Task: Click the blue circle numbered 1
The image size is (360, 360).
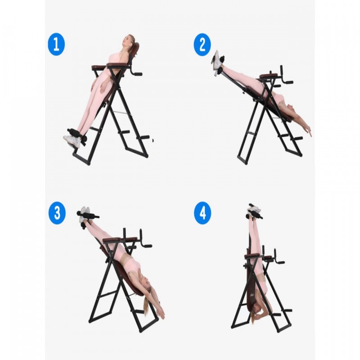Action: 56,44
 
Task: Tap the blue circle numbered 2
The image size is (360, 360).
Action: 202,45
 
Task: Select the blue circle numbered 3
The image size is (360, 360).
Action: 57,213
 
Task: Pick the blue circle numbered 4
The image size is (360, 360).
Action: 202,213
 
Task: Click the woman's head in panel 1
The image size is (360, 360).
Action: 128,40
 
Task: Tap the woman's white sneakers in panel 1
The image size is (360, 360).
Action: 72,140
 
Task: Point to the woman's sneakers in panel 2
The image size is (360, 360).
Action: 216,63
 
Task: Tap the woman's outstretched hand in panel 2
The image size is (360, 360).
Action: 309,132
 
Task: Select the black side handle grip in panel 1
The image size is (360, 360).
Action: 137,74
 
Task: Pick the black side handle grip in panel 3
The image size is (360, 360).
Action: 147,246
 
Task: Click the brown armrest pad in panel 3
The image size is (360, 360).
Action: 112,240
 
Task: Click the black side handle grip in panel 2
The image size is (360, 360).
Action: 288,82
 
